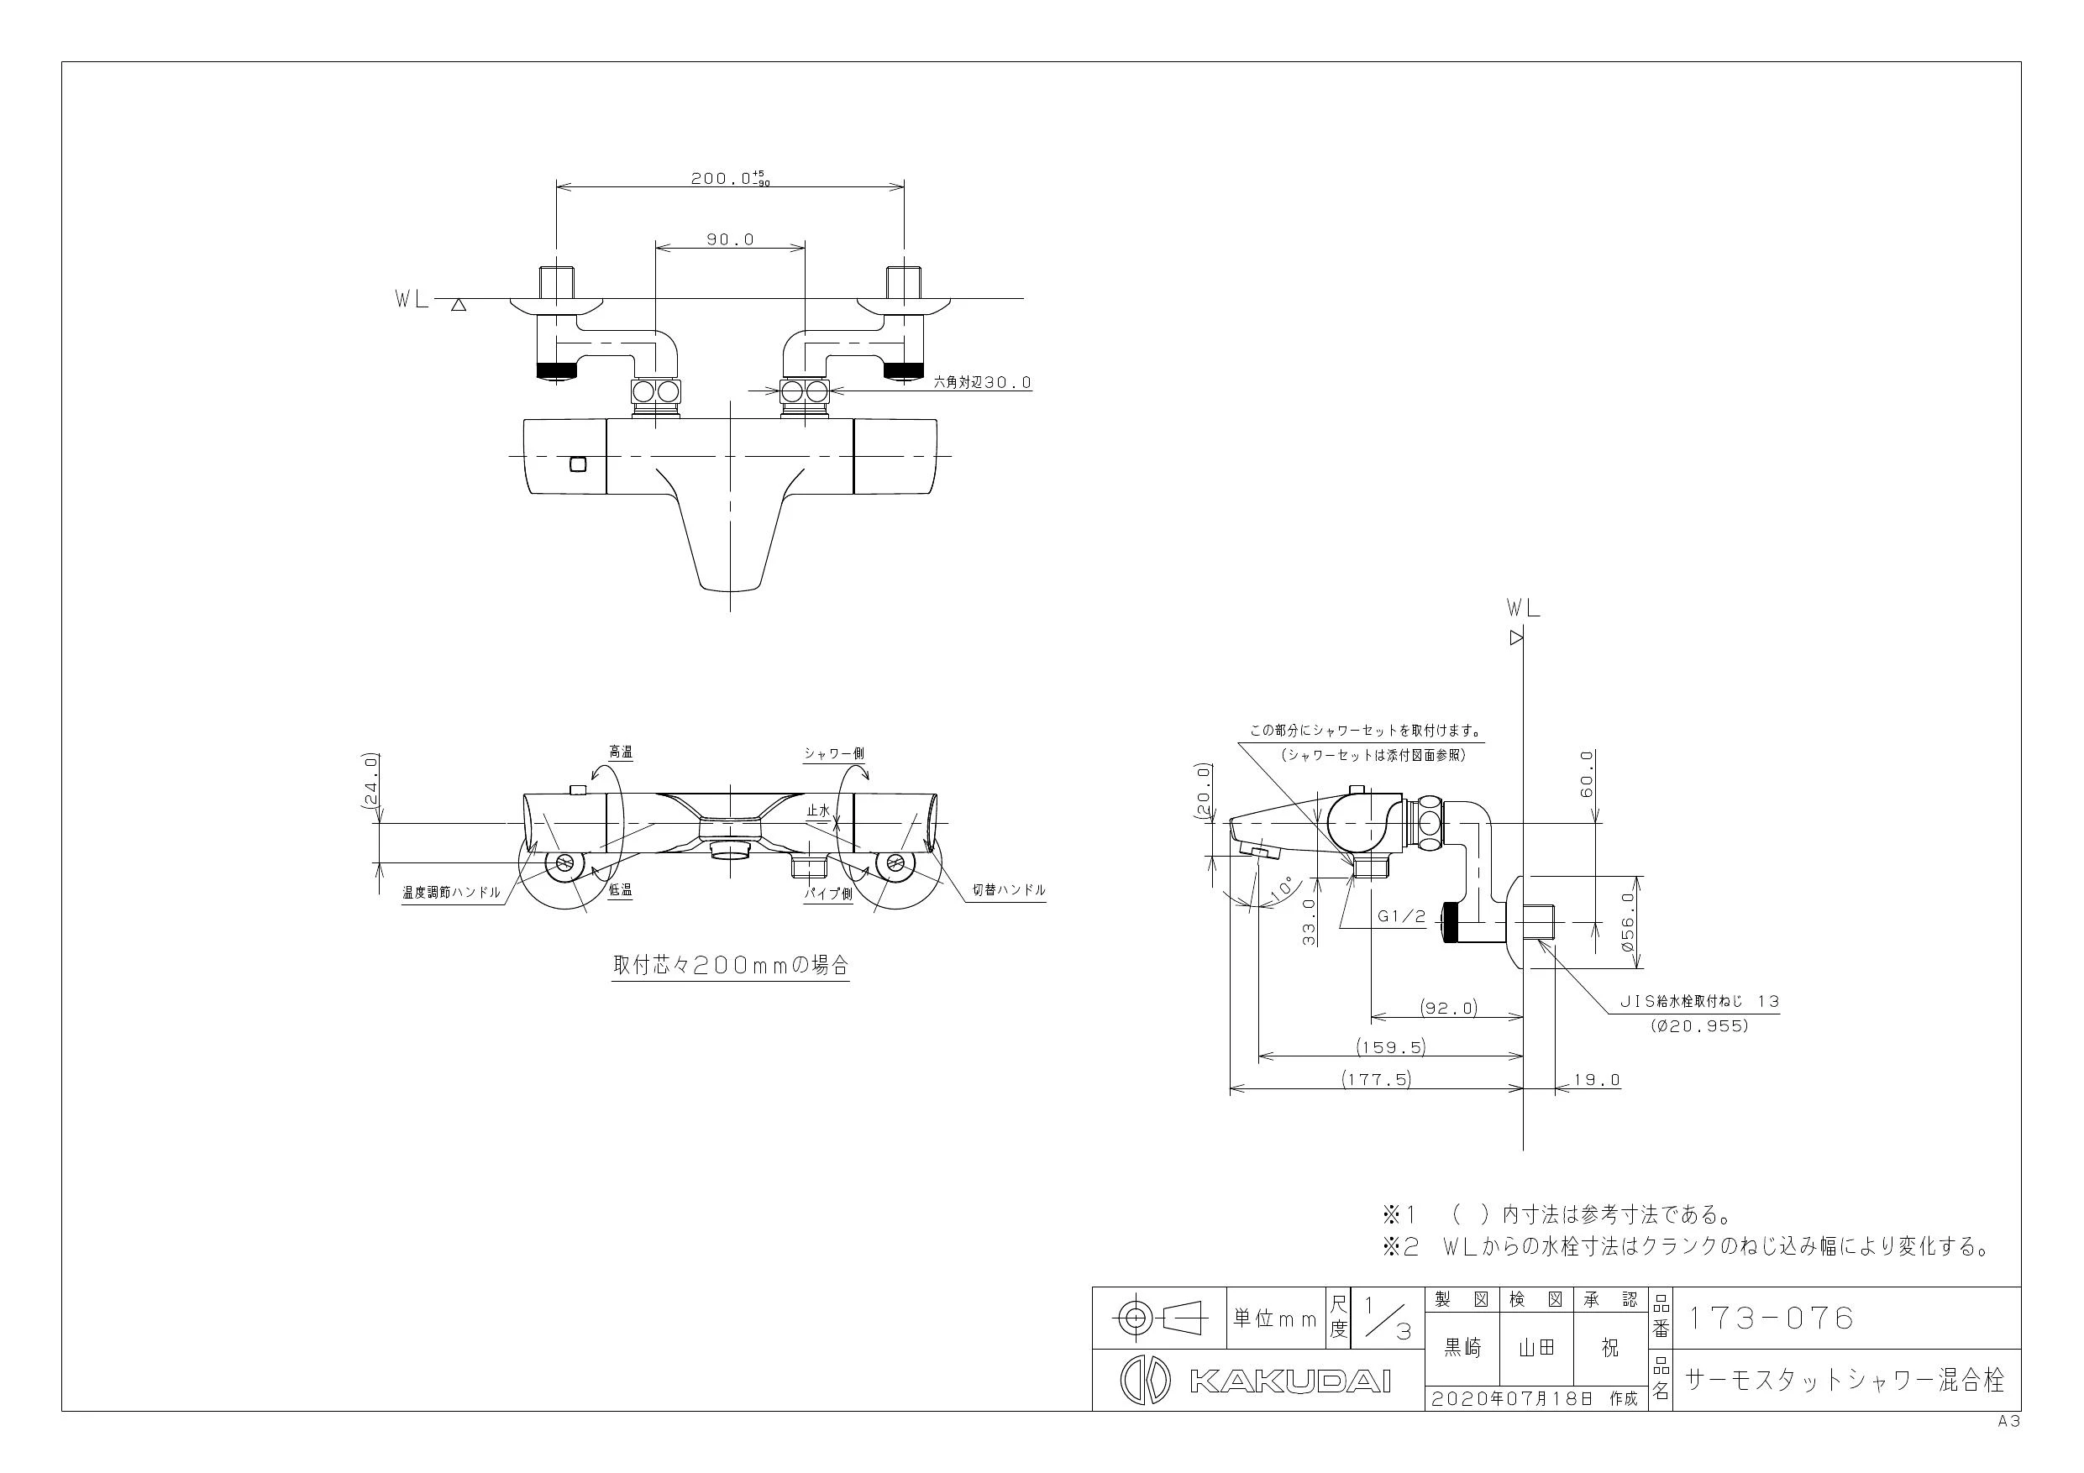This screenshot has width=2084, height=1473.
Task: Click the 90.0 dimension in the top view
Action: (x=730, y=239)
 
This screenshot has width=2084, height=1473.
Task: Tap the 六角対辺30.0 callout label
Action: (x=983, y=383)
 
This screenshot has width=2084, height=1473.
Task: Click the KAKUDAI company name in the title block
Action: (x=1289, y=1381)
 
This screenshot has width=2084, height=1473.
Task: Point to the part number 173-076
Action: (x=1769, y=1318)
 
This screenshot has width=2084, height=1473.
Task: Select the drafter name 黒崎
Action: (x=1462, y=1348)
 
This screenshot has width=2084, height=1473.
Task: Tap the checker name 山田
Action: (x=1536, y=1348)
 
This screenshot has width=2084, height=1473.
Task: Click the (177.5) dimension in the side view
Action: (x=1377, y=1079)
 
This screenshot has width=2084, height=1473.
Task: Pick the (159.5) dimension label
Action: (x=1392, y=1046)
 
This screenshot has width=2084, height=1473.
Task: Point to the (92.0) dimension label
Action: (x=1449, y=1008)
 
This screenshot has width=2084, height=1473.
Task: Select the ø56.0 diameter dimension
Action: (x=1626, y=921)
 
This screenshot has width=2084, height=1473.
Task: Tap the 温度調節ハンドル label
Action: (x=451, y=892)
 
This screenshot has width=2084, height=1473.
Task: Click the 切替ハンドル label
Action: (x=1010, y=890)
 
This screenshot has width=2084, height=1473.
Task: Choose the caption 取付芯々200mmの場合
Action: (x=731, y=965)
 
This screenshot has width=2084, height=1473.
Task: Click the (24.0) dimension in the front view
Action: (x=370, y=779)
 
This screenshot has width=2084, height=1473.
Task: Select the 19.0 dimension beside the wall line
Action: (x=1597, y=1080)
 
